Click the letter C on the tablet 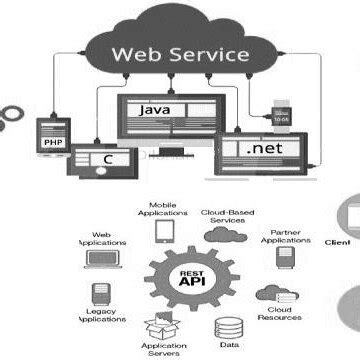pyautogui.click(x=107, y=158)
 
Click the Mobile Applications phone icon pyautogui.click(x=164, y=232)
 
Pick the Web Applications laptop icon pyautogui.click(x=100, y=259)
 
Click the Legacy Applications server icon pyautogui.click(x=101, y=293)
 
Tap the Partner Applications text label pyautogui.click(x=286, y=236)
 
